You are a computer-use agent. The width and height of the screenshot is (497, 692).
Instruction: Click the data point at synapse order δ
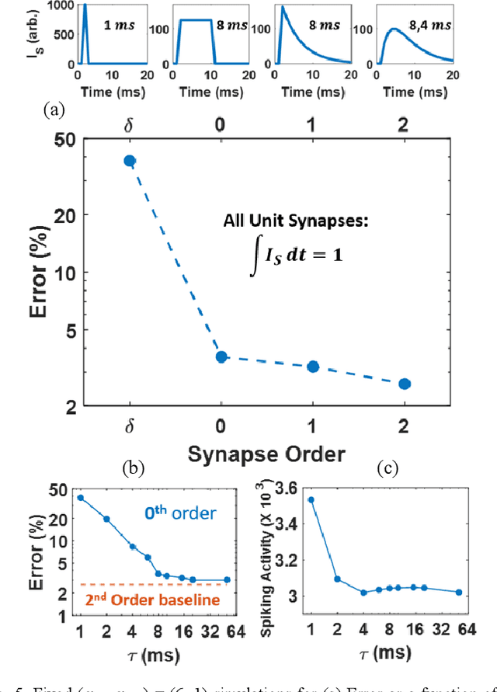pos(130,161)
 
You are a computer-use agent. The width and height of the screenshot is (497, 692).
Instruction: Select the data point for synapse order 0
pos(221,356)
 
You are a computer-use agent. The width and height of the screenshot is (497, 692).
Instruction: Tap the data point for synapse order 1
pos(313,366)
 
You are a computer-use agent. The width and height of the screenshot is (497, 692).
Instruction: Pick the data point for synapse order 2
pos(405,384)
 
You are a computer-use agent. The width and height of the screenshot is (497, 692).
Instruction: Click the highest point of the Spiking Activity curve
pos(311,499)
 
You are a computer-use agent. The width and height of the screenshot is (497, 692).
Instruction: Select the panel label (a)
pos(53,110)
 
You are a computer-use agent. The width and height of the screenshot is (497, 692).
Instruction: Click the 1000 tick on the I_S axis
pos(51,5)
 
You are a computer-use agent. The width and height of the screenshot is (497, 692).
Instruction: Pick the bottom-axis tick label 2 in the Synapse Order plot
pos(405,426)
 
